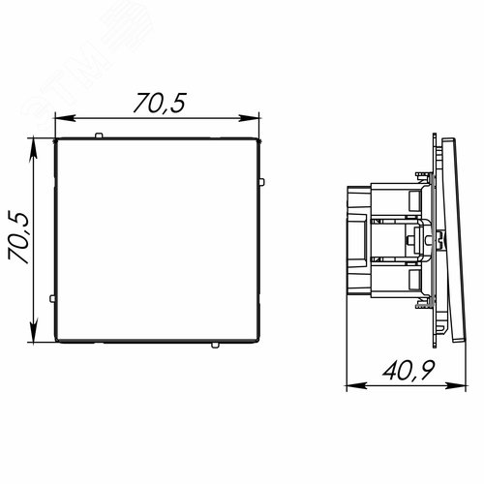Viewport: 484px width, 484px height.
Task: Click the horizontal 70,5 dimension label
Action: coord(160,104)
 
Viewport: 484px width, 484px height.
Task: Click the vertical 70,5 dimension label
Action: coord(18,238)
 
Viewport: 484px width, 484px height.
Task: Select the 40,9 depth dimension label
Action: coord(408,370)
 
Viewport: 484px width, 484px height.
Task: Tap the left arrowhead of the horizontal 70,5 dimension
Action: coord(66,118)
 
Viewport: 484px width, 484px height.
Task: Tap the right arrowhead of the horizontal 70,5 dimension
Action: coord(249,118)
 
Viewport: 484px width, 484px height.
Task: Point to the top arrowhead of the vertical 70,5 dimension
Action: coord(33,148)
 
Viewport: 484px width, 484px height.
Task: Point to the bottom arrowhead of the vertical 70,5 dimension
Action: coord(33,331)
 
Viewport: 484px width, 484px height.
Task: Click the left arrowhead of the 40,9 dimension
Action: coord(356,385)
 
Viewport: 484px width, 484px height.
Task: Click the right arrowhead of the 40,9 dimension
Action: coord(456,385)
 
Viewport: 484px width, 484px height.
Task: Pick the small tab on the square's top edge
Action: coord(99,136)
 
